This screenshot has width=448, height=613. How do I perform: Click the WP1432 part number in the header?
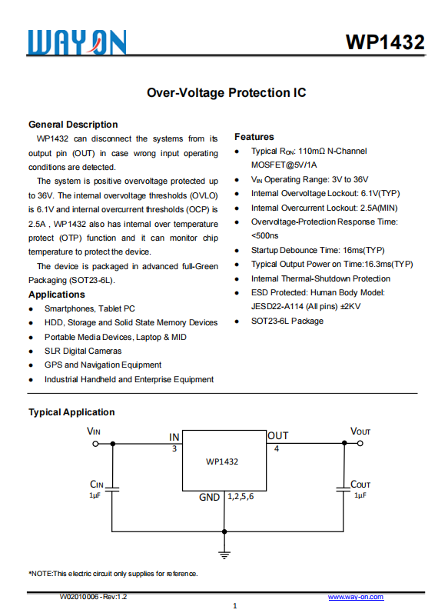385,42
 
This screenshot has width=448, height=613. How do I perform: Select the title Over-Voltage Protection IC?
226,93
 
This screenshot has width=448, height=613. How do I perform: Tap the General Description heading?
73,125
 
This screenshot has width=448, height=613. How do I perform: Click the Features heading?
254,137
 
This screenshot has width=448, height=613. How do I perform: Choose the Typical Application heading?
71,412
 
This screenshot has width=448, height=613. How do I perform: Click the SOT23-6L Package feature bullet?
287,321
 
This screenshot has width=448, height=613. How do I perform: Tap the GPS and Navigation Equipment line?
103,365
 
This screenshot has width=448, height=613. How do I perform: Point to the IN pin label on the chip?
174,437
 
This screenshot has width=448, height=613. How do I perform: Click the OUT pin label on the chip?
277,436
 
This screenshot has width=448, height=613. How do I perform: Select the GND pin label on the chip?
210,498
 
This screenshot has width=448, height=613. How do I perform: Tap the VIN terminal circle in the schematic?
96,444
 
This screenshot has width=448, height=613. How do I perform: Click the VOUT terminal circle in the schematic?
360,444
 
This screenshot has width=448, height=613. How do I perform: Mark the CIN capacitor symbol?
113,488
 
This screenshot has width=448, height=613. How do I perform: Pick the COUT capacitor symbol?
342,488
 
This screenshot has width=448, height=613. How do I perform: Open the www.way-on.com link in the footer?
356,597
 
